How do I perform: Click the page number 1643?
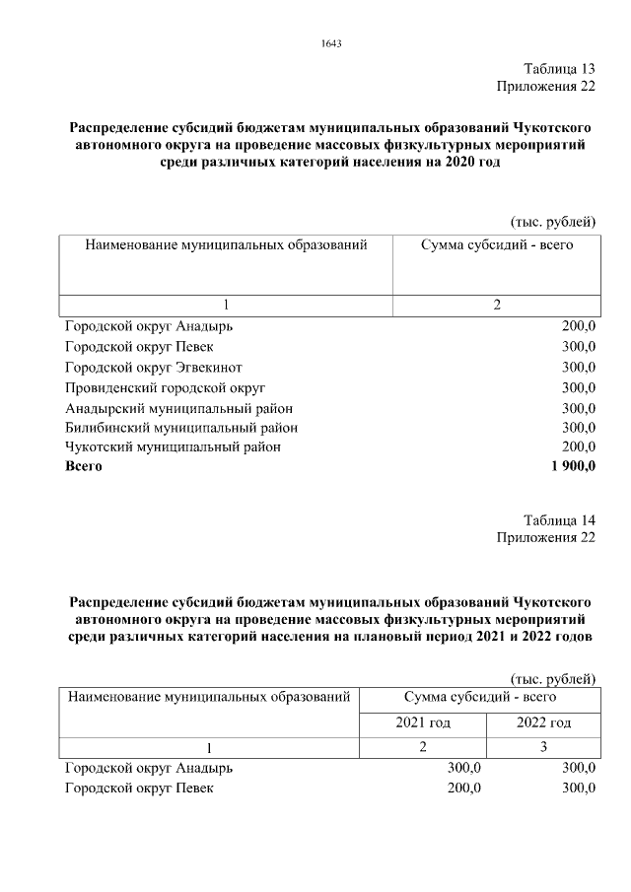pyautogui.click(x=331, y=43)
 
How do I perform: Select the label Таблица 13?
pyautogui.click(x=559, y=69)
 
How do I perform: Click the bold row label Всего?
pyautogui.click(x=84, y=467)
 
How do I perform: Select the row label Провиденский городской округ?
pyautogui.click(x=165, y=387)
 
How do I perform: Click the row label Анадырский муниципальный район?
pyautogui.click(x=178, y=407)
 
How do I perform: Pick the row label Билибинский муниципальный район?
pyautogui.click(x=181, y=427)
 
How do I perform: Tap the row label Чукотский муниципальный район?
pyautogui.click(x=173, y=446)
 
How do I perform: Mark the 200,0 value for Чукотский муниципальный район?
pyautogui.click(x=579, y=446)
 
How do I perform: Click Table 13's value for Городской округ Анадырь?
pyautogui.click(x=579, y=326)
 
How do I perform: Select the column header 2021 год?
pyautogui.click(x=423, y=722)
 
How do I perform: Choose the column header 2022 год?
pyautogui.click(x=543, y=722)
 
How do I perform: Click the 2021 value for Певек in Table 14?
pyautogui.click(x=463, y=789)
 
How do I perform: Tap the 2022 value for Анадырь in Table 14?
pyautogui.click(x=579, y=768)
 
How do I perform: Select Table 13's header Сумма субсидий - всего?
pyautogui.click(x=496, y=244)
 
